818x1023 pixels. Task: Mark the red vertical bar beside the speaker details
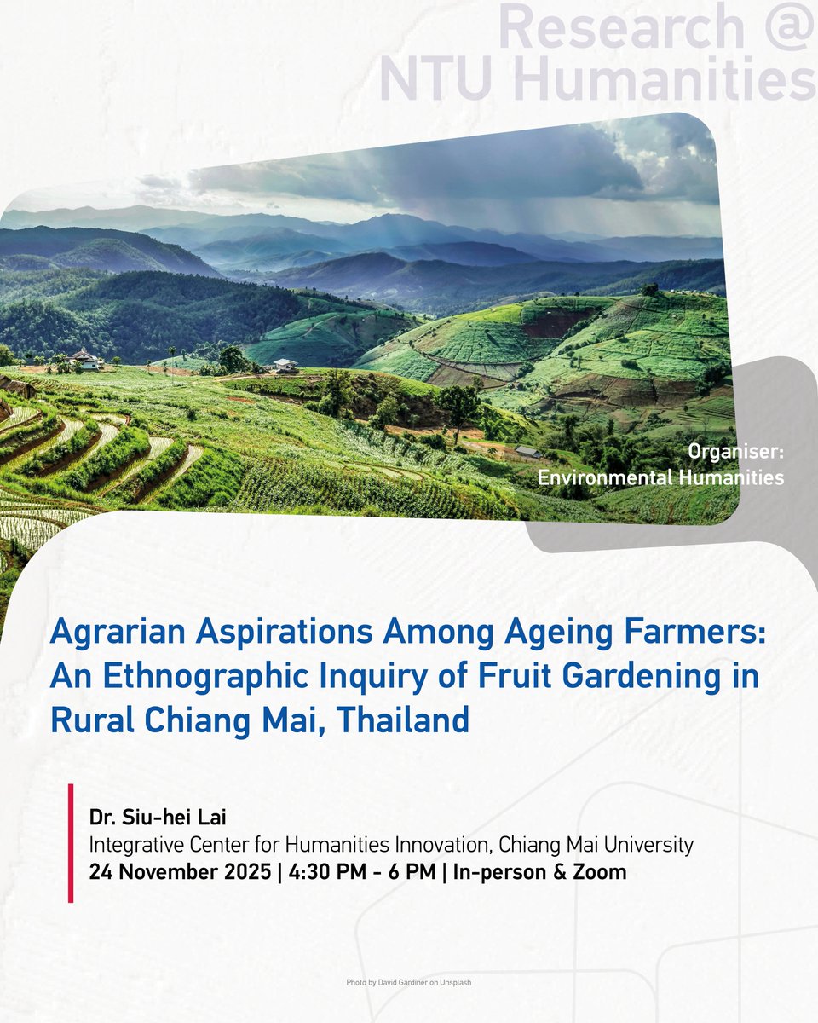71,843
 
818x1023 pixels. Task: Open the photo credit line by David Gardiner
415,983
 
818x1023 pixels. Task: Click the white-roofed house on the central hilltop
285,366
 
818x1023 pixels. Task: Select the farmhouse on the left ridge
86,359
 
